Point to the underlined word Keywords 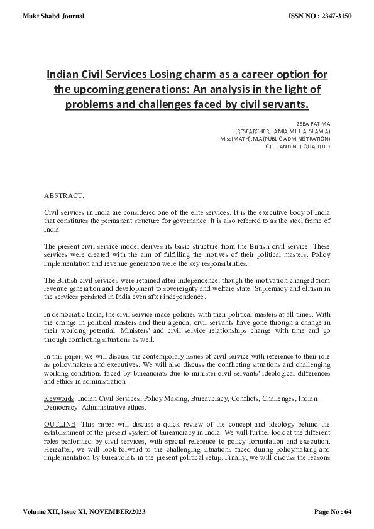(60, 398)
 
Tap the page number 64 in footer (347, 512)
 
